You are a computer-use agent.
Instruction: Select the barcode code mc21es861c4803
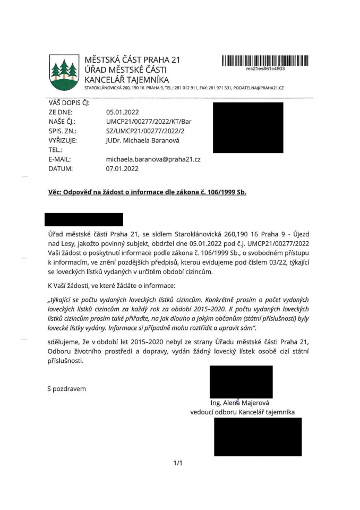point(265,69)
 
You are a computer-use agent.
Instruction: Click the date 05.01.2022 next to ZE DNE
point(122,112)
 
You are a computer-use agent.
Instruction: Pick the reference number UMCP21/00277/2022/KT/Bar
point(149,122)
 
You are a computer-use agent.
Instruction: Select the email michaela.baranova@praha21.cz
point(153,159)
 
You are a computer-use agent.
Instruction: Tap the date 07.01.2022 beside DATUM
point(122,169)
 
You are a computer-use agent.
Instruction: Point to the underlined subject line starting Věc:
point(147,191)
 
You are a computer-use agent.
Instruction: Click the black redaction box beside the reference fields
point(247,127)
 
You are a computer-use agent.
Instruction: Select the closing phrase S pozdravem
point(66,389)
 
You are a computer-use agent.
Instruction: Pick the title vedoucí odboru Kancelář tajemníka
point(242,412)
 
